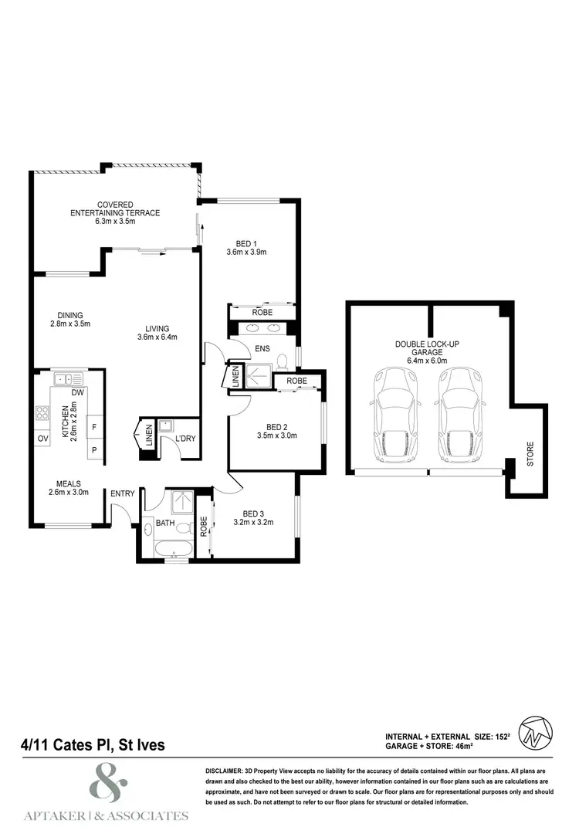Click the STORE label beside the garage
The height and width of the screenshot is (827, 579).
point(530,454)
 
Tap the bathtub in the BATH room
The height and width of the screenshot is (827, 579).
point(174,548)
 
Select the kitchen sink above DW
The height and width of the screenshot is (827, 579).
point(68,378)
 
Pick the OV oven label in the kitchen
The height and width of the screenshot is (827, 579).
point(41,439)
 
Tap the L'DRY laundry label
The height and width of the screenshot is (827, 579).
point(185,439)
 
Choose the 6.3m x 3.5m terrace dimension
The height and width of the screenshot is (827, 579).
point(115,222)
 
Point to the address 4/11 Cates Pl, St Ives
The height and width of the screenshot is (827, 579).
point(92,746)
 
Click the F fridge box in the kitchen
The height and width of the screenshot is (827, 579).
point(95,426)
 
